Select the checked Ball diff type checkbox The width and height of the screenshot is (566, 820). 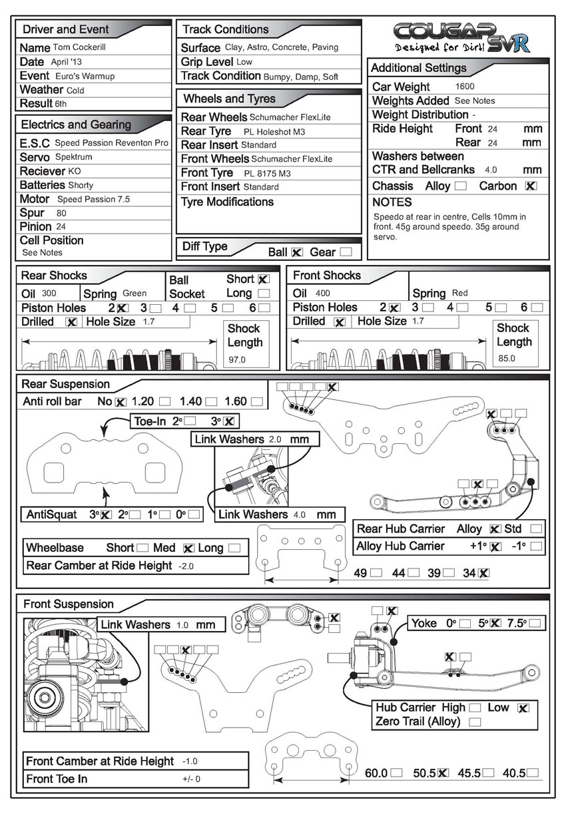[297, 252]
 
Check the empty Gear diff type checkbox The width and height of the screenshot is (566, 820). [346, 252]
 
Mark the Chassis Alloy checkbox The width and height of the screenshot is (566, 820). [460, 186]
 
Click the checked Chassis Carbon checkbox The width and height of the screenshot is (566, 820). [531, 186]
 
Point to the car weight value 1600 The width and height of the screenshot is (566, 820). [466, 87]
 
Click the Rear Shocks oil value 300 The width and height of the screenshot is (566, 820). [49, 293]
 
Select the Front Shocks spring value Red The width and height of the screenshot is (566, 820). [460, 293]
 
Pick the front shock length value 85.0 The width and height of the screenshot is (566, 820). [507, 358]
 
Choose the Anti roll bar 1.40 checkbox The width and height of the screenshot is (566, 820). [211, 402]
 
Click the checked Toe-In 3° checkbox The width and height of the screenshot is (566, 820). [229, 421]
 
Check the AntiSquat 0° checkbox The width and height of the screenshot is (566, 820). [194, 514]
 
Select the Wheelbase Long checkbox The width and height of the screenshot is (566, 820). [234, 548]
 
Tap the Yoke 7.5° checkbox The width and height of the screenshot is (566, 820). [535, 624]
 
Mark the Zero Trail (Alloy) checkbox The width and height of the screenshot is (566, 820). [475, 721]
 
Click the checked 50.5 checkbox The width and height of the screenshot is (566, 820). [443, 773]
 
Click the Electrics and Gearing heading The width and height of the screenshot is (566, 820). [76, 124]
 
